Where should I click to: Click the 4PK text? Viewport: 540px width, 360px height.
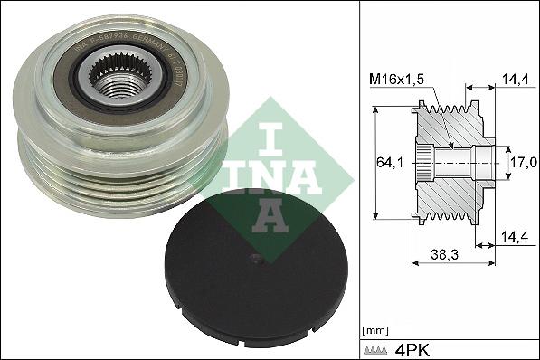tap(413, 349)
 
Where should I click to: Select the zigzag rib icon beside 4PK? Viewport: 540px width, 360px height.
tap(377, 349)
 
